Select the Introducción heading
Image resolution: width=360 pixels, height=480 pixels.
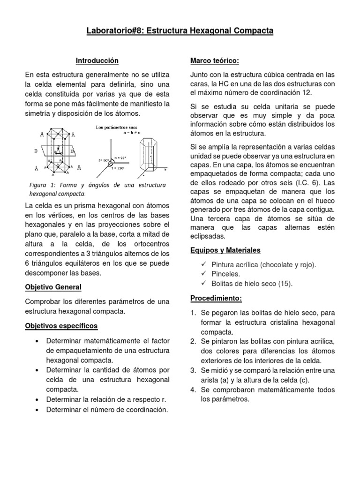[x=97, y=61]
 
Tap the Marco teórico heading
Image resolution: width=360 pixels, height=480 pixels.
[x=215, y=61]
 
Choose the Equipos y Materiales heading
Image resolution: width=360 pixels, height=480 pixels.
[x=225, y=250]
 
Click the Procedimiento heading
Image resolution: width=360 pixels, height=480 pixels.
[x=215, y=298]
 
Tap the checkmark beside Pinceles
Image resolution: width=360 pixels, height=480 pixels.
[x=203, y=274]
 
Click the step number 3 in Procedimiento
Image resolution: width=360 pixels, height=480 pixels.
[x=193, y=370]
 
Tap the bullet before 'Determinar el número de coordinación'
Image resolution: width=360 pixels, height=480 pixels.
[x=36, y=410]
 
